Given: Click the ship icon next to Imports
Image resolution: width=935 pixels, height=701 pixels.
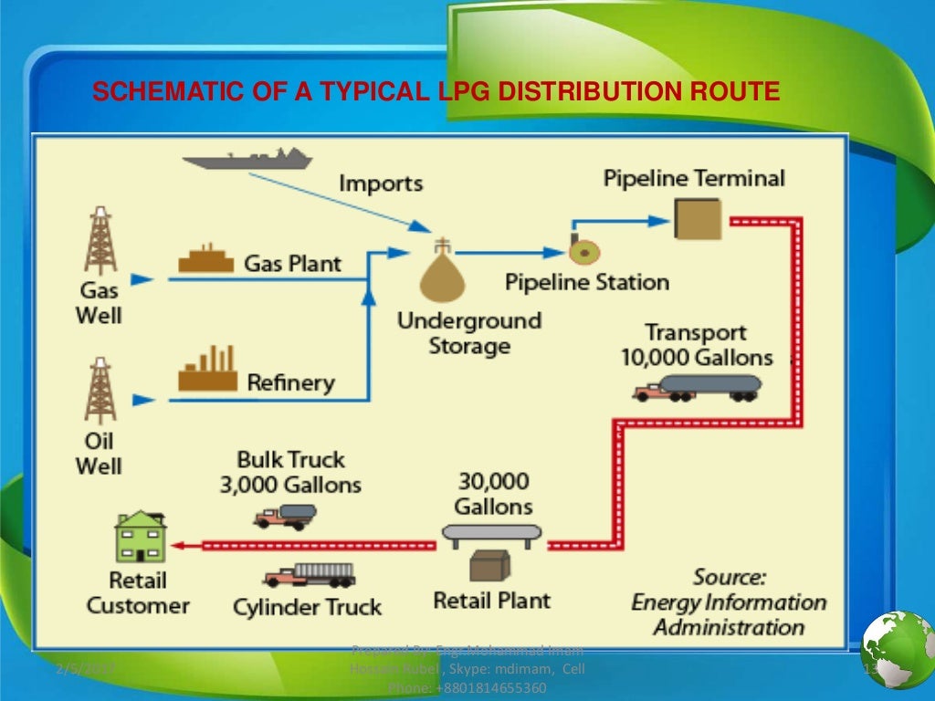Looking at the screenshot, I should click(x=247, y=162).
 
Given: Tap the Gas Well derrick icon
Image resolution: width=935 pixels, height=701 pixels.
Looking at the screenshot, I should click(x=98, y=242).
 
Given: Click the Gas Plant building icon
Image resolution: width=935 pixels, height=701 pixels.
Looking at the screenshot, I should click(x=207, y=260).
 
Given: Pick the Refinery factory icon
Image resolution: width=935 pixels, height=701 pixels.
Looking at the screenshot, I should click(x=207, y=369).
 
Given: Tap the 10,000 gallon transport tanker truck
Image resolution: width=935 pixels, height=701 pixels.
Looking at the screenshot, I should click(x=698, y=388).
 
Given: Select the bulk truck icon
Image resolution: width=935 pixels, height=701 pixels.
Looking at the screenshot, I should click(x=285, y=516).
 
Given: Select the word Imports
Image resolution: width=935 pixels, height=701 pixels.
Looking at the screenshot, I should click(x=381, y=183).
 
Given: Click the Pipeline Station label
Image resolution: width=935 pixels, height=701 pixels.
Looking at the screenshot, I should click(x=586, y=282).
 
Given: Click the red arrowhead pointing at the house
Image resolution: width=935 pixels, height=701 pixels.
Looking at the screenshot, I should click(x=179, y=546).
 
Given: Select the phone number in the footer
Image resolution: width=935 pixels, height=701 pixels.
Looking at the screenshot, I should click(x=467, y=687).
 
